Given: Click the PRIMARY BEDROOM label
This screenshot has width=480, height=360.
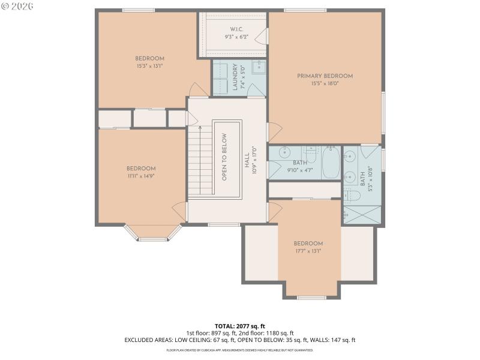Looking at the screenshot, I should [325, 76].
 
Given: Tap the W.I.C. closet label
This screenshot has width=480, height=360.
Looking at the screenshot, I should [235, 29].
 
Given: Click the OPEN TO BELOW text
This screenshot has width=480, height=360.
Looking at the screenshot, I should [224, 157].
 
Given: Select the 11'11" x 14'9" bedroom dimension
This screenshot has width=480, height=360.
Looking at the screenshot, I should [141, 176].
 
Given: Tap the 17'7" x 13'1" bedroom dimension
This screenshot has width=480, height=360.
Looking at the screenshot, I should [308, 251].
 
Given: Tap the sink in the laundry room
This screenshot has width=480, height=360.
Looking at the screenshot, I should [259, 67].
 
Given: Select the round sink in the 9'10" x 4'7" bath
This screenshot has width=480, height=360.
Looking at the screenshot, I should [284, 152].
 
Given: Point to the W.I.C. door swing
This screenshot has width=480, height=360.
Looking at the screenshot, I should [262, 38].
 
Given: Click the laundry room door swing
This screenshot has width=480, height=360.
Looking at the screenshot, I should [254, 91].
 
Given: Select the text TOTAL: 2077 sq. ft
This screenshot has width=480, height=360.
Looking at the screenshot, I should [239, 326].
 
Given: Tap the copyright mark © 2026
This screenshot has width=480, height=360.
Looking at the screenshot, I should [17, 5].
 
